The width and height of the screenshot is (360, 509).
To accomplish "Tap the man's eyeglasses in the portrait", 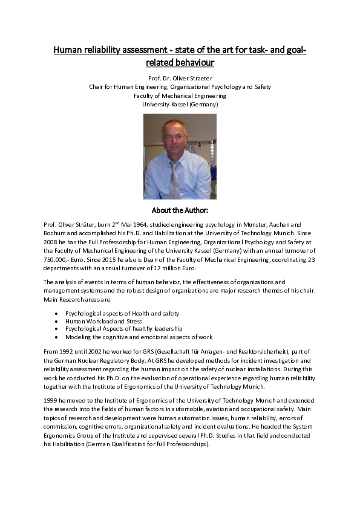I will (x=174, y=137).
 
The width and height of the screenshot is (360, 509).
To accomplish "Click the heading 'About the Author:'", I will (x=180, y=210).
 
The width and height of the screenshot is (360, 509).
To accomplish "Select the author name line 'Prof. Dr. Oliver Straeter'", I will (x=180, y=78).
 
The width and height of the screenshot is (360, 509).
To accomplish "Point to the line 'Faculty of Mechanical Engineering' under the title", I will (x=180, y=96).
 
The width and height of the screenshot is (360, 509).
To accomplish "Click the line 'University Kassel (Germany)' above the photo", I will (x=180, y=104).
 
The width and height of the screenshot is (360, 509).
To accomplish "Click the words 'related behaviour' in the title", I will (x=180, y=62).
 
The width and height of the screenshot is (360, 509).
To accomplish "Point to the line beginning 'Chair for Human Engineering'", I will (x=180, y=86).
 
